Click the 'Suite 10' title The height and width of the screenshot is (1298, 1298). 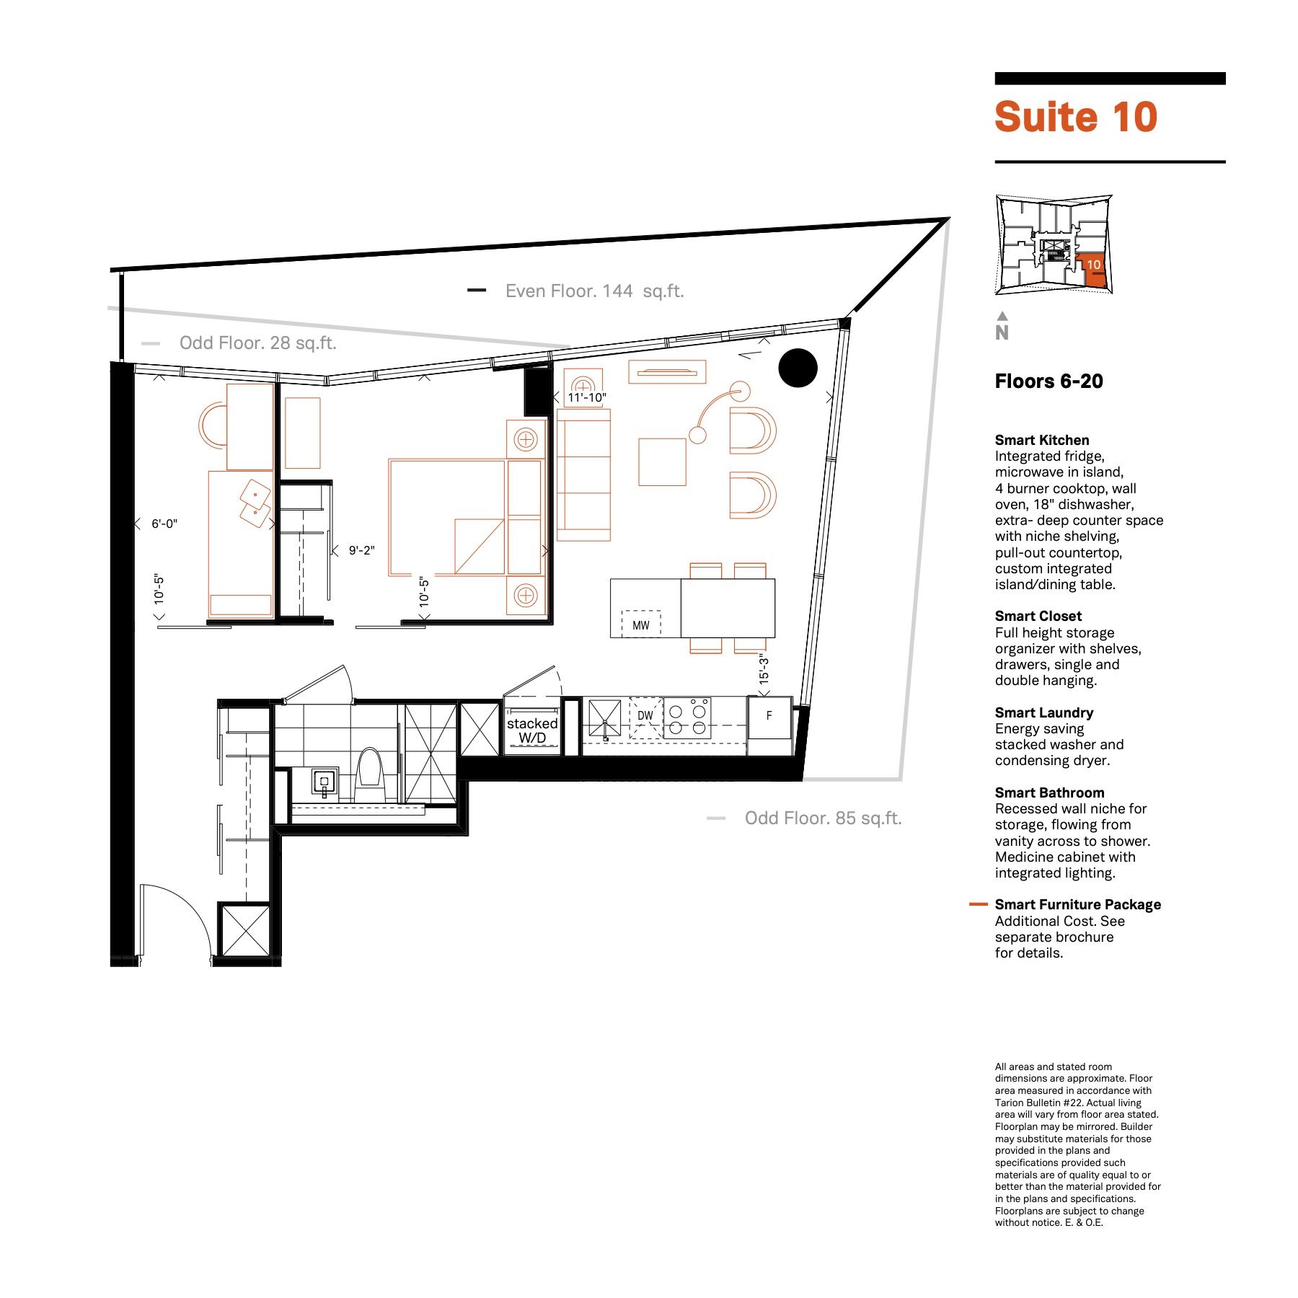point(1075,117)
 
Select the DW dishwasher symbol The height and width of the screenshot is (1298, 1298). point(645,718)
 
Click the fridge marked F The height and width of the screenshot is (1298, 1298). point(769,717)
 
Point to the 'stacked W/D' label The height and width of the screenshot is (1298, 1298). point(532,730)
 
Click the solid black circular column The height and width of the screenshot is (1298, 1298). point(798,368)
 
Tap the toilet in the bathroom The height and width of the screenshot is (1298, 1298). point(370,774)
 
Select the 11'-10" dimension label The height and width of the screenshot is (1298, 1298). point(587,397)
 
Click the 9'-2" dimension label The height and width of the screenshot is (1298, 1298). point(362,550)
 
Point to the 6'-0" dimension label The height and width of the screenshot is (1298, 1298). point(164,524)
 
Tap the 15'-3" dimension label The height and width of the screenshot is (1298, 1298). point(764,669)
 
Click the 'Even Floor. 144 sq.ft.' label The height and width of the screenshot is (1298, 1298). point(594,291)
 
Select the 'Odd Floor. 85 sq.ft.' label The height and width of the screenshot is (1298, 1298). point(823,818)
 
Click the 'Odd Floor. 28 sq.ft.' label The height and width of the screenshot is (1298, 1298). point(258,343)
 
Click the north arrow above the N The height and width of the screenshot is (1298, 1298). point(1002,315)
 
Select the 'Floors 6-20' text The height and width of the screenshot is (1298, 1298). point(1049,381)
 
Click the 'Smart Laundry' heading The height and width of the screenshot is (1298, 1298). point(1044,712)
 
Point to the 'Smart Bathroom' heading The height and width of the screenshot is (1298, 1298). point(1049,793)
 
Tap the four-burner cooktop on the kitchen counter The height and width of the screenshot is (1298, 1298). point(687,718)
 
